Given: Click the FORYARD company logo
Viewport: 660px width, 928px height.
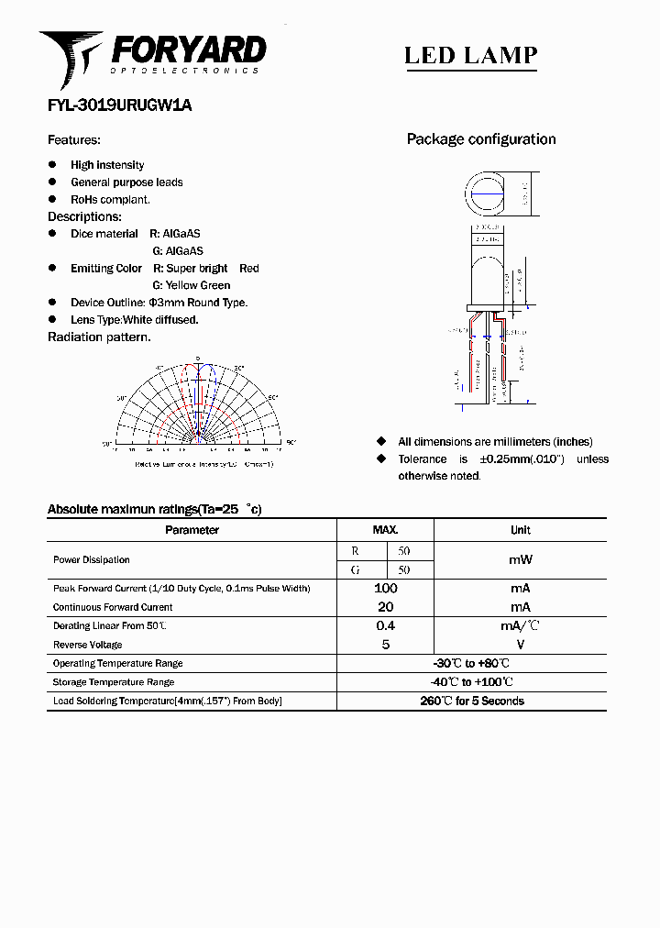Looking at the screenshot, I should (152, 56).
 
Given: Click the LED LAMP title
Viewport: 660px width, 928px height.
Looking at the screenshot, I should (470, 56).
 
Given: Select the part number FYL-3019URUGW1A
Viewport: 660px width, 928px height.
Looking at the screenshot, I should (119, 105).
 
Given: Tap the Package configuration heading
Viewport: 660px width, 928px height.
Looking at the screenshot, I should (481, 139).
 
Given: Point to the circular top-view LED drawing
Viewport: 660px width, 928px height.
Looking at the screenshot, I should (486, 194).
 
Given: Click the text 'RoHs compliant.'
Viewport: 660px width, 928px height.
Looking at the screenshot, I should (110, 199).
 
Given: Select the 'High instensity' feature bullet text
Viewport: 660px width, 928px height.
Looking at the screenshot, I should (107, 165).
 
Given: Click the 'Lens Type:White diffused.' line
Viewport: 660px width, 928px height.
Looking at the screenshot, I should (134, 320).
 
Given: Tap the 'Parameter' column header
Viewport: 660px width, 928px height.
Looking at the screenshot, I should (192, 530).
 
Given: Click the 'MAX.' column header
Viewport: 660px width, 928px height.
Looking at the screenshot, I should (385, 530).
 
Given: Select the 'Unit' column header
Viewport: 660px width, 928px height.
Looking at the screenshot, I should (520, 530).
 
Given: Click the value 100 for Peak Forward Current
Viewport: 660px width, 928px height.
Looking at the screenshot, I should (385, 588).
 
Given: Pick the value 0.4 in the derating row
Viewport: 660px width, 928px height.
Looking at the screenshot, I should (385, 625).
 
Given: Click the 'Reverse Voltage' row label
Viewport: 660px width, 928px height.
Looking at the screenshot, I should (88, 645).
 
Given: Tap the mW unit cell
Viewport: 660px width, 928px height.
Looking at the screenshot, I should (520, 559).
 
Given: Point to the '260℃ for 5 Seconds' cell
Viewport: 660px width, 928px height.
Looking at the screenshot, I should (471, 701).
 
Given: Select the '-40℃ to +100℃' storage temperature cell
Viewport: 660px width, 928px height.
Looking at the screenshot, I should (470, 682).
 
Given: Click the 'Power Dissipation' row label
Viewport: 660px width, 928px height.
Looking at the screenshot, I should (92, 559).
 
